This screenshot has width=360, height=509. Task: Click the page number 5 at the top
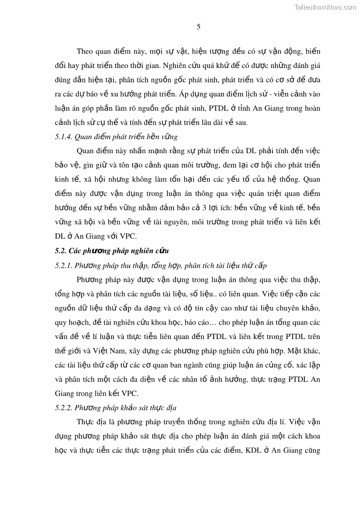[x=199, y=27]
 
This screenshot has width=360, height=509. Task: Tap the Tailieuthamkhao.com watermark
[x=325, y=7]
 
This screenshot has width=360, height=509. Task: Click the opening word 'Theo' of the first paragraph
[x=85, y=51]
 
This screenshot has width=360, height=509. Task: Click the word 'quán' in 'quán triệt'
[x=248, y=194]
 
